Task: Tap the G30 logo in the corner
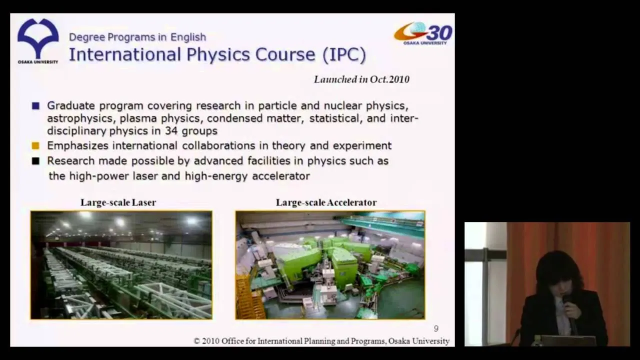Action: point(423,33)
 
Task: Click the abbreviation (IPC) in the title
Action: point(344,54)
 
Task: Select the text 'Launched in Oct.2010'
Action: point(361,79)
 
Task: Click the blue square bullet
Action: point(35,106)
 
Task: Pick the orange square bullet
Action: point(35,145)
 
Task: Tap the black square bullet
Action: point(35,161)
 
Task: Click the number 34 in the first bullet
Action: point(171,131)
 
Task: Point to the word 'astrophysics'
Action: point(80,118)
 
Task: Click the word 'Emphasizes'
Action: point(77,145)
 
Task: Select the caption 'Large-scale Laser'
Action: point(118,202)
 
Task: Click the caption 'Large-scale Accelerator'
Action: point(326,202)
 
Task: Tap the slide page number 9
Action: point(436,328)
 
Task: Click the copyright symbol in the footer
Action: point(196,341)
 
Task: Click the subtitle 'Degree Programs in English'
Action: point(137,37)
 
